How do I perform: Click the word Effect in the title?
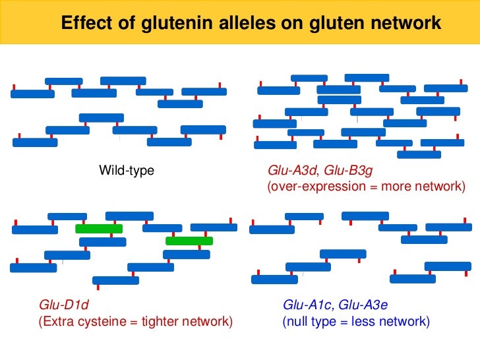point(82,24)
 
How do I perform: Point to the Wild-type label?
point(127,171)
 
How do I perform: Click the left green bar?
point(99,229)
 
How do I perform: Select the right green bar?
point(189,241)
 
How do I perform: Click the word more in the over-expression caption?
point(392,187)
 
